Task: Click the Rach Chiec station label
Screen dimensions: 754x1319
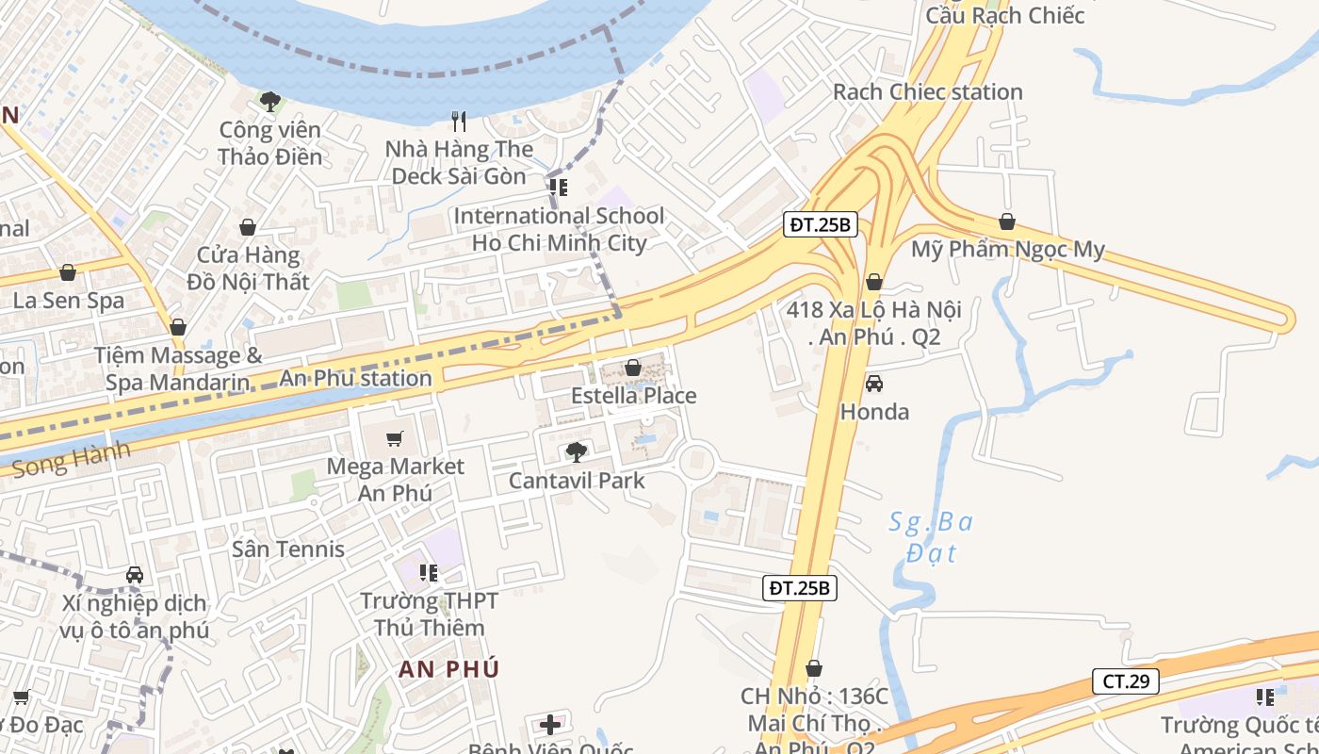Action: click(927, 92)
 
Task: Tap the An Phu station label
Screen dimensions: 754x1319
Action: click(355, 379)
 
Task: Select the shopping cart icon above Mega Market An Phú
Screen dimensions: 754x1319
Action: click(395, 438)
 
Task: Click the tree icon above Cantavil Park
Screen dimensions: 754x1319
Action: click(576, 452)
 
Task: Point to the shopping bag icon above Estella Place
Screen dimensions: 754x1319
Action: click(633, 368)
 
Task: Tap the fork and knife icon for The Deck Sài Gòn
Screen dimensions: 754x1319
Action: click(459, 121)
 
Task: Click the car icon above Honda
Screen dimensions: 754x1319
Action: click(874, 384)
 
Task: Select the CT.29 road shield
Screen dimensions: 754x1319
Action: click(1126, 681)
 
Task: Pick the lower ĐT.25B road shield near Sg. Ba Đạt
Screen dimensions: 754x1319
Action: click(799, 588)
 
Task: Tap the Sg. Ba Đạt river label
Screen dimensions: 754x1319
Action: click(930, 536)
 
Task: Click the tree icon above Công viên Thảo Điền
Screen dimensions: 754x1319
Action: click(270, 101)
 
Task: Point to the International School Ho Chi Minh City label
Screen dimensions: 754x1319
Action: click(559, 229)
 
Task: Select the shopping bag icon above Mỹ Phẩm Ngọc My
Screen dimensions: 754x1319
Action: click(1007, 222)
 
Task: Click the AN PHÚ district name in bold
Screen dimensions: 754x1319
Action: click(448, 669)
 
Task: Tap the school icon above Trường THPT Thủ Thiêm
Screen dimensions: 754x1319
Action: click(429, 572)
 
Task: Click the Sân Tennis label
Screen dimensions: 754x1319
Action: click(288, 549)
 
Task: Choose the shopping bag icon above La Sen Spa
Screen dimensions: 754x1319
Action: click(68, 273)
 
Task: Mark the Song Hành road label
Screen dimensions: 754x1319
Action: click(72, 460)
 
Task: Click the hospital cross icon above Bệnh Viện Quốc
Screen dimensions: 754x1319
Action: click(551, 725)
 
